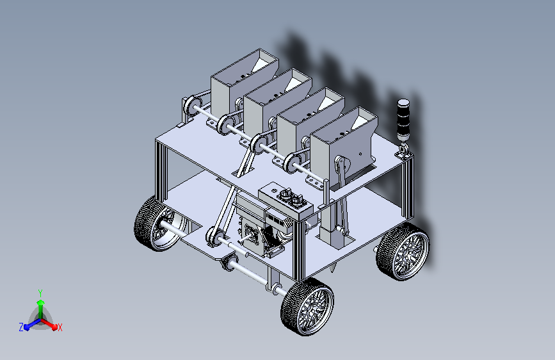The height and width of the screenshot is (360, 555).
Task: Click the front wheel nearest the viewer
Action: coord(307,306)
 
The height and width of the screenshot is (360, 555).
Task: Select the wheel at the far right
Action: coord(403,252)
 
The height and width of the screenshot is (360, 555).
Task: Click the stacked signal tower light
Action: coord(403,121)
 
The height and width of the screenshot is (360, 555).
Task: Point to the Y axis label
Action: coord(40,293)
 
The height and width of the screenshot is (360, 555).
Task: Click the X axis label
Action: coord(60,327)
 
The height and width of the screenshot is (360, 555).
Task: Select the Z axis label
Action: coord(21,327)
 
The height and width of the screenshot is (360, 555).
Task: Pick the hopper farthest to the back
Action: coord(245,81)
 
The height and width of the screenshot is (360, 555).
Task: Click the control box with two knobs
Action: coord(286,201)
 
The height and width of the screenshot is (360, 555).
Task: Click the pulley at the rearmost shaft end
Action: coord(191,106)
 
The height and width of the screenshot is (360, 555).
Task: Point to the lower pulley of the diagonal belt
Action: coord(215,236)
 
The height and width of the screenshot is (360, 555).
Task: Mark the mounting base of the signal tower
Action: coord(403,152)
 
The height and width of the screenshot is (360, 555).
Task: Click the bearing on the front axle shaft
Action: coord(229,261)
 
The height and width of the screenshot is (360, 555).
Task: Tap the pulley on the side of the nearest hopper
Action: coord(342,165)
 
